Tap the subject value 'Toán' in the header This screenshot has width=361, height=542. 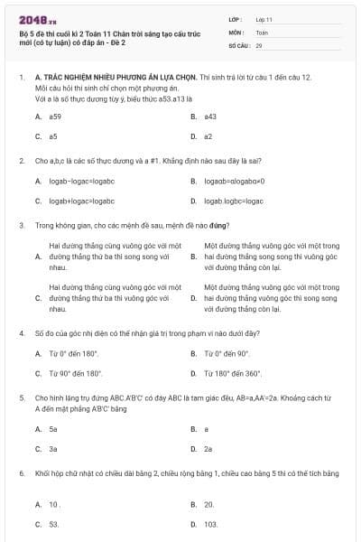262,32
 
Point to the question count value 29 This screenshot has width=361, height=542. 259,44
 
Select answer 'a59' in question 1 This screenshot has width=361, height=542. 55,117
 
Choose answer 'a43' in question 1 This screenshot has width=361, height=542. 209,117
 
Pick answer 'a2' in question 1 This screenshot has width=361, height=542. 208,136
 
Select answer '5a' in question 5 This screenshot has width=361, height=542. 53,428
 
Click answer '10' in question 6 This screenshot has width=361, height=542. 54,504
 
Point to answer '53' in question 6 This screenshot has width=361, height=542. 54,524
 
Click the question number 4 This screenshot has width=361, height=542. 21,332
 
